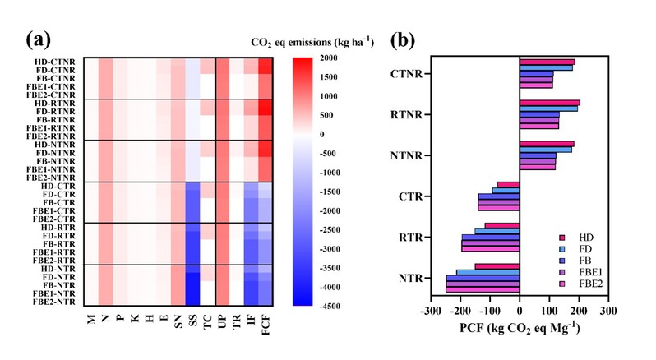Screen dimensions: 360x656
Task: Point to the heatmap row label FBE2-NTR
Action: tap(52, 301)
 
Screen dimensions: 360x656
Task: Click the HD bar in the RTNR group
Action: tap(549, 103)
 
